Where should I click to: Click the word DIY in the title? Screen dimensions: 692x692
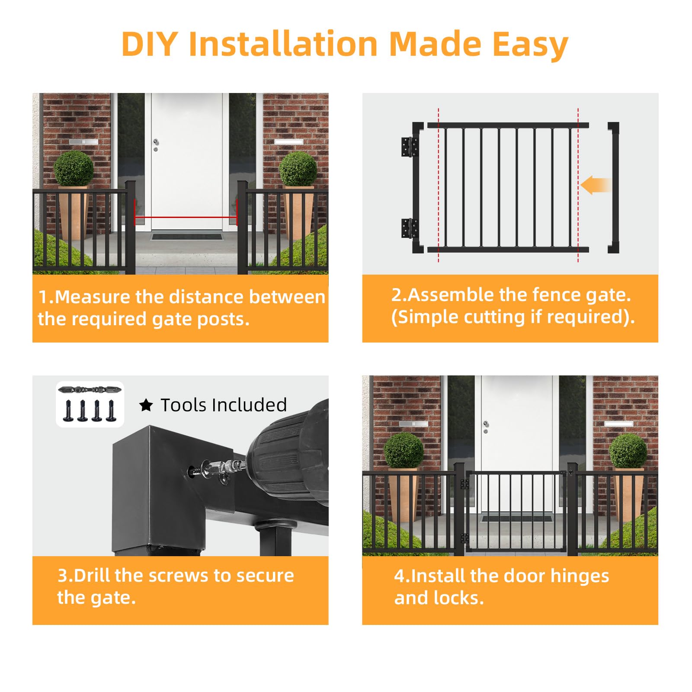150,44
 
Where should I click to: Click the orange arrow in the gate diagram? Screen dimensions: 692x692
596,185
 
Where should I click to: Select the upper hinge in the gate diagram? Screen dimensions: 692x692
410,147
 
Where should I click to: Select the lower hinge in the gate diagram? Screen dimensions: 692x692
410,228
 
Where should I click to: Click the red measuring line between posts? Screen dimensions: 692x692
186,218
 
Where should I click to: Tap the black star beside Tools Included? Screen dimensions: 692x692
146,405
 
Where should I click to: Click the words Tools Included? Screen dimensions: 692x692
224,405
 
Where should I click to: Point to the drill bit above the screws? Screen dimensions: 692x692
90,390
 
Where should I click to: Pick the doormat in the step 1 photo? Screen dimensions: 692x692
186,237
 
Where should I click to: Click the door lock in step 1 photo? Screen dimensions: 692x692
156,145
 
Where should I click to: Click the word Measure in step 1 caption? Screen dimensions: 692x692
92,297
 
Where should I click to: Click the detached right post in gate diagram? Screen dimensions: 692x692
613,188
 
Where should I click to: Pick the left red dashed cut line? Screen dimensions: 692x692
439,185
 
